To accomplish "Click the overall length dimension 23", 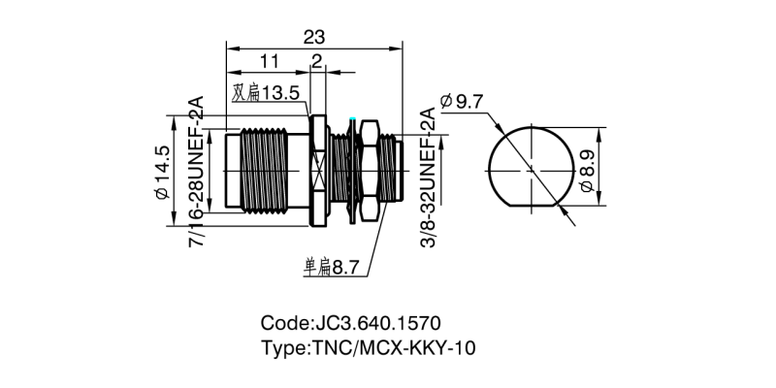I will (313, 37).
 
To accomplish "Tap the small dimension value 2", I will (316, 62).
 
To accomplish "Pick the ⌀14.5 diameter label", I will (162, 173).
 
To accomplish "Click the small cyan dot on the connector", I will (353, 120).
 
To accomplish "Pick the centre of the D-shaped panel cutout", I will (530, 167).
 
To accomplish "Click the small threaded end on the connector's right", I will (389, 172).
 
